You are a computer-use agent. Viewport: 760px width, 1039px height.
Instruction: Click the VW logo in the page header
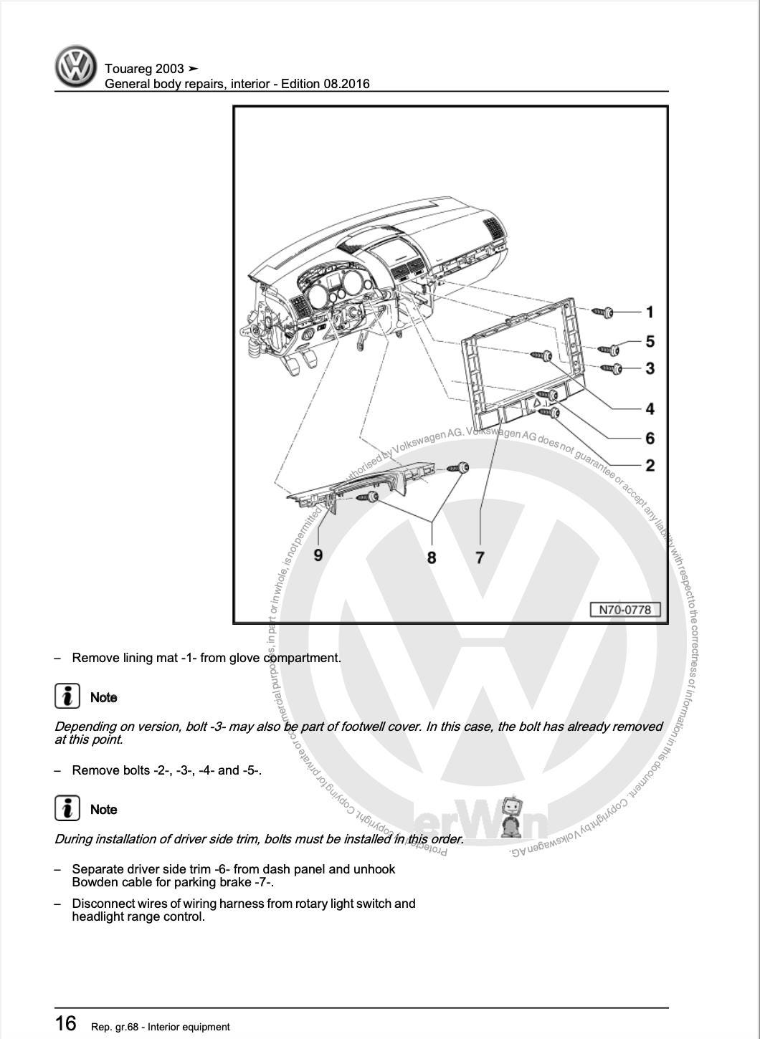point(75,67)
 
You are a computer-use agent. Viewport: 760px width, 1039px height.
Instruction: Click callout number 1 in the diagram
point(650,312)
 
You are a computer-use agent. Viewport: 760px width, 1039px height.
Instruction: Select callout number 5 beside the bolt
point(650,342)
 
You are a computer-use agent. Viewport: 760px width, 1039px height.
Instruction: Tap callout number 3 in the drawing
point(650,368)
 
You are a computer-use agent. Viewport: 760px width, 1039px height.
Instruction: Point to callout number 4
point(650,409)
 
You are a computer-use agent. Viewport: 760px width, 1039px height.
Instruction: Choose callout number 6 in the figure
point(650,438)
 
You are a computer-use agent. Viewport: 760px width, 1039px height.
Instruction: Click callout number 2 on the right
point(650,466)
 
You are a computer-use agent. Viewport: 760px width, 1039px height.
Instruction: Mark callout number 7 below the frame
point(480,557)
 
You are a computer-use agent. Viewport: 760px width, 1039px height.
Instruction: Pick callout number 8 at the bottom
point(432,557)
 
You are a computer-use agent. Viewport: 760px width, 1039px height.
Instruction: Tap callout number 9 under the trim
point(318,555)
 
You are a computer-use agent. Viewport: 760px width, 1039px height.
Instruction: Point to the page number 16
point(65,1023)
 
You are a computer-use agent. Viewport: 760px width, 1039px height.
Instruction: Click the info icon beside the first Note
point(67,696)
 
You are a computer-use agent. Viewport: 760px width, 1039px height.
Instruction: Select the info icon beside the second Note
point(67,808)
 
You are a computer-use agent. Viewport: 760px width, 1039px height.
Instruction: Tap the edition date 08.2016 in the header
point(346,84)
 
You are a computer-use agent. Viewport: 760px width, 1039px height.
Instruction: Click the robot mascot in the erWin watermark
point(512,815)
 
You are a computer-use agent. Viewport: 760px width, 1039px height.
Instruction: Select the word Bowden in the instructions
point(93,882)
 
